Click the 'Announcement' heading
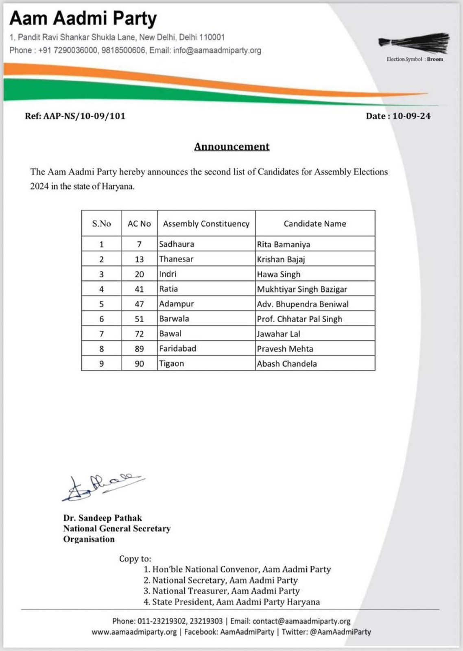(x=231, y=146)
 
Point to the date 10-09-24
(x=411, y=116)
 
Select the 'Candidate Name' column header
(x=315, y=223)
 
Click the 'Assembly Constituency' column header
(x=206, y=223)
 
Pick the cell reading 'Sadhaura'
(x=177, y=244)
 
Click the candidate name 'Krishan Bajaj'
(x=281, y=259)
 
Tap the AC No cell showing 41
(x=139, y=289)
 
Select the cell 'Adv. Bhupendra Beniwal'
(x=303, y=304)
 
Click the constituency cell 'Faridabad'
(x=178, y=349)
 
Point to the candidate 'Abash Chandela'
(x=287, y=364)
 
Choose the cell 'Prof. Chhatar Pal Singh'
(x=299, y=319)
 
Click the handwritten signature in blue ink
(x=102, y=487)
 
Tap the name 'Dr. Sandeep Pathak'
(x=103, y=518)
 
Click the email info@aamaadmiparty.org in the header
(x=217, y=50)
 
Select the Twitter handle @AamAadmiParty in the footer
(x=340, y=632)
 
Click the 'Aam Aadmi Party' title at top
(x=83, y=19)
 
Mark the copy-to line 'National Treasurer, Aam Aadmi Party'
(x=226, y=591)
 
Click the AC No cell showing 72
(x=139, y=334)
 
